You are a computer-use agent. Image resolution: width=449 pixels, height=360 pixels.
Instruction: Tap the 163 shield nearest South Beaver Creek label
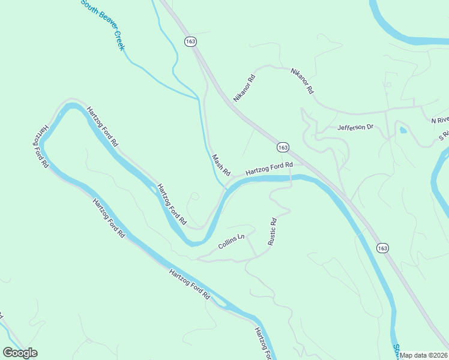(190, 41)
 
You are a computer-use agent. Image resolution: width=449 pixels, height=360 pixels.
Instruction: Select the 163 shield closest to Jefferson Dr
(283, 147)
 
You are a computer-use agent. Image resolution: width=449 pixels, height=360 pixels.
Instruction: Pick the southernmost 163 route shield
(382, 247)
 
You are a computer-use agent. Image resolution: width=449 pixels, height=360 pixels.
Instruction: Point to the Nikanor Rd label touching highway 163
(245, 88)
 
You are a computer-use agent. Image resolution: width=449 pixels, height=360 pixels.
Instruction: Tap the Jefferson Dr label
(355, 127)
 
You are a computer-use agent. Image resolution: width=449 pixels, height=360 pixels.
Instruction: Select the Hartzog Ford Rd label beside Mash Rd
(268, 169)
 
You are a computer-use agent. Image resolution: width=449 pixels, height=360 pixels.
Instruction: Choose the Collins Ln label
(232, 241)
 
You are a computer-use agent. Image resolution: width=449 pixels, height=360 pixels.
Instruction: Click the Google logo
(20, 353)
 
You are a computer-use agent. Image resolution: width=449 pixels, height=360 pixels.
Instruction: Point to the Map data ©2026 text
(424, 355)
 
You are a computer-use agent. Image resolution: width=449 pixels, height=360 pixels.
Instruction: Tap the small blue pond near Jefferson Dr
(402, 129)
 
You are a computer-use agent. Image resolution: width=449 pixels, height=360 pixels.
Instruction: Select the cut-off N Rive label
(440, 120)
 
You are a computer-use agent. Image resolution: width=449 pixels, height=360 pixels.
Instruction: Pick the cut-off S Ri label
(444, 137)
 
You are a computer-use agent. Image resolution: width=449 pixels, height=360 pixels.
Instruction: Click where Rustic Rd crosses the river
(291, 180)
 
